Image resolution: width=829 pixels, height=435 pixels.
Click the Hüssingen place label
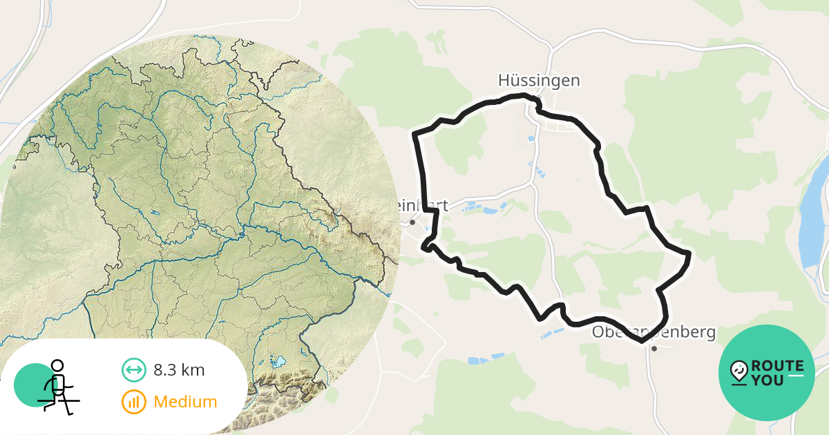point(539,81)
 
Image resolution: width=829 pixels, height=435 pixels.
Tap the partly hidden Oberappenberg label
point(653,332)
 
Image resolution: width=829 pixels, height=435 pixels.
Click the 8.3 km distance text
point(179,370)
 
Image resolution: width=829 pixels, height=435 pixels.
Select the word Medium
point(185,402)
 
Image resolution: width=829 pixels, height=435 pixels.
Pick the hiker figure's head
point(57,365)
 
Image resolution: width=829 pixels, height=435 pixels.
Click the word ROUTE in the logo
point(777,366)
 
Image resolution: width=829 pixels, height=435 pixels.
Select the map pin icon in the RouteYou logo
point(739,371)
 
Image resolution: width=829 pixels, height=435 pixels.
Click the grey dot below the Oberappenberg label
point(654,349)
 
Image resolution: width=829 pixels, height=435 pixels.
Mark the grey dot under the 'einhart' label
point(412,222)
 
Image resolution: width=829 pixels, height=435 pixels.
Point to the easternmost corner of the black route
point(689,254)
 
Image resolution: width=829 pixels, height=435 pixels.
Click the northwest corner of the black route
point(414,133)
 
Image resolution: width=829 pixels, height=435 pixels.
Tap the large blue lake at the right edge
point(815,214)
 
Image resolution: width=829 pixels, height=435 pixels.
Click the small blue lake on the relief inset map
point(279,361)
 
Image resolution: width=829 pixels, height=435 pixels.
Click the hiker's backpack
point(59,382)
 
